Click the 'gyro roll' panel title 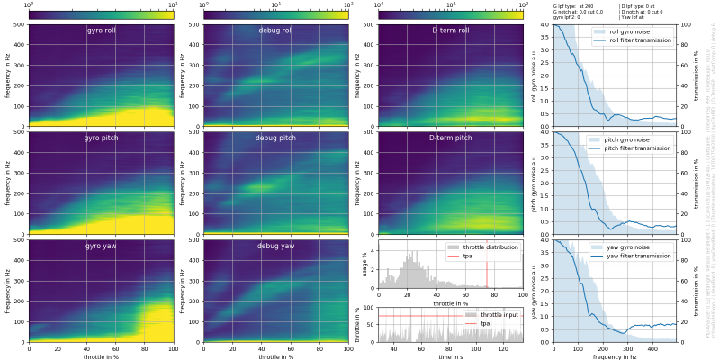[101, 31]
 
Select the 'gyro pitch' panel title [101, 139]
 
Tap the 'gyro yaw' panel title [101, 246]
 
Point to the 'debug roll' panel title [274, 31]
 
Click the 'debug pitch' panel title [274, 139]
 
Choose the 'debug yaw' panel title [274, 246]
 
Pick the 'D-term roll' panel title [450, 31]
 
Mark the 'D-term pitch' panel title [450, 139]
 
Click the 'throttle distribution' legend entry [490, 247]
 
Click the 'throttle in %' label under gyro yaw [101, 356]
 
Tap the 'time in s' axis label [450, 356]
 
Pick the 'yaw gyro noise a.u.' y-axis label [534, 291]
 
